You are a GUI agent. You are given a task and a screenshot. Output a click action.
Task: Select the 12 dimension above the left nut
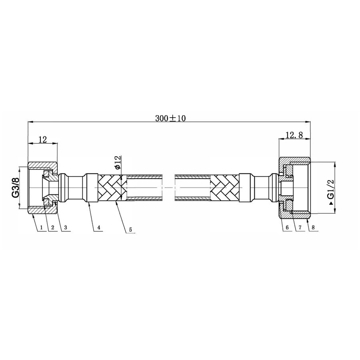coord(43,139)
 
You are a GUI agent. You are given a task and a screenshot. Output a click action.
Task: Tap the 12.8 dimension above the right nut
coord(294,136)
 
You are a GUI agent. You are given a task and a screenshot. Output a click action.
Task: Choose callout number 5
coord(130,230)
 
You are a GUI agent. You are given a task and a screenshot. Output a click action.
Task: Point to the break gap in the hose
coord(168,188)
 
